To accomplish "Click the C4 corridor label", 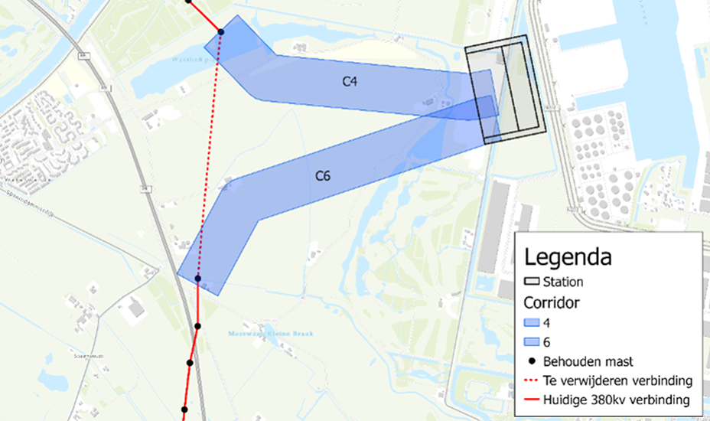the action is click(x=350, y=82).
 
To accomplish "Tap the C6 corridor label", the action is click(x=323, y=176).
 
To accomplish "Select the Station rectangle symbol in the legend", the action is click(x=536, y=282).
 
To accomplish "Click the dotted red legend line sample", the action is click(x=536, y=380).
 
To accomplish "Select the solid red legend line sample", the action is click(x=536, y=400).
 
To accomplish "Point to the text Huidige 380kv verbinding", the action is click(x=617, y=400).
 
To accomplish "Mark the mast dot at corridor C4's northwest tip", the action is click(x=220, y=31).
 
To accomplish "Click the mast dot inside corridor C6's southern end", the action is click(x=198, y=279).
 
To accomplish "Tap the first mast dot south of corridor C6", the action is click(x=197, y=326).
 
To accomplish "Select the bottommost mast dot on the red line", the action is click(x=184, y=410).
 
